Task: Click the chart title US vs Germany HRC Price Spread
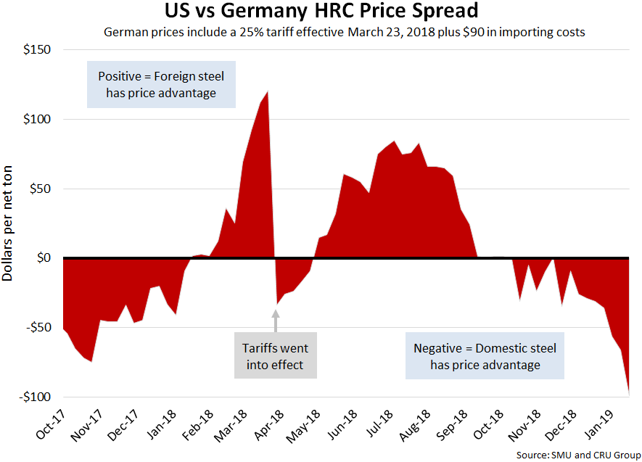[321, 12]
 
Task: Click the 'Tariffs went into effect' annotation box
[275, 355]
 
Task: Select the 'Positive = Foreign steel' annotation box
[161, 83]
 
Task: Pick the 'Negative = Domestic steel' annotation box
[485, 356]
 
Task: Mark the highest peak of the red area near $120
[267, 92]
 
